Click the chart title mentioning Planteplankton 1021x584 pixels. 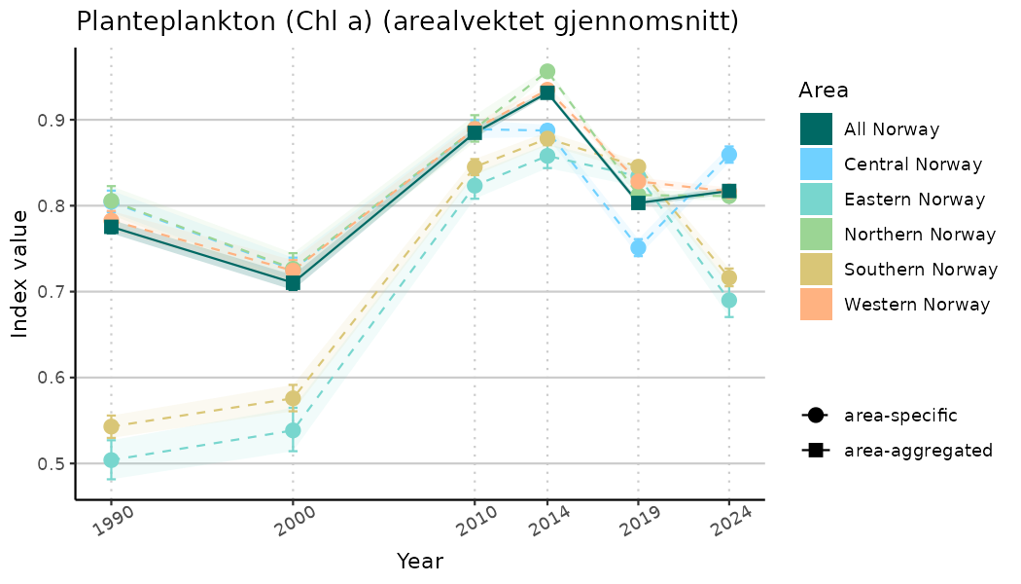(x=407, y=21)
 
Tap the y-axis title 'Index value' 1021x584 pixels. (x=20, y=281)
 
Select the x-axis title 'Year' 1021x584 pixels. (x=420, y=562)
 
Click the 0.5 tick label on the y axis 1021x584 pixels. (x=51, y=463)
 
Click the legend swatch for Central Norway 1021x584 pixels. (x=817, y=164)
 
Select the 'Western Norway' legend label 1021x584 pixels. (x=917, y=305)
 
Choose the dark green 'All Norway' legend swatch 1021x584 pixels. (x=817, y=128)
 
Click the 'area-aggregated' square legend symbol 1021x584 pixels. (x=814, y=451)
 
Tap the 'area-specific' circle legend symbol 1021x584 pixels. (x=814, y=416)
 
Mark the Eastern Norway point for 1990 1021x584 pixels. (x=111, y=460)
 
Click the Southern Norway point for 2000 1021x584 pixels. (x=293, y=397)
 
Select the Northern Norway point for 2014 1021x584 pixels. (x=547, y=72)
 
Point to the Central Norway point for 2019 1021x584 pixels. (x=638, y=247)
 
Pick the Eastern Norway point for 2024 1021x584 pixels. (x=729, y=300)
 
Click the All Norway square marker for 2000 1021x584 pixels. (x=293, y=283)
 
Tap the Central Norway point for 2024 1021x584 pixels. (x=729, y=155)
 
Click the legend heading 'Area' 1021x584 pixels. (x=824, y=91)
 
